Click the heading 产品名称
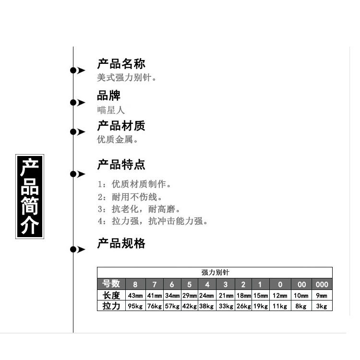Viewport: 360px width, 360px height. (x=121, y=64)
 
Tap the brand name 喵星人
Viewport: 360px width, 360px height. (x=111, y=110)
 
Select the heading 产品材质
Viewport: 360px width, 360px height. (x=121, y=126)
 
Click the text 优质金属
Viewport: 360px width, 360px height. (x=118, y=140)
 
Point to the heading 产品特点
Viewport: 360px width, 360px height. (x=121, y=166)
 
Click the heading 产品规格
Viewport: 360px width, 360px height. (x=121, y=244)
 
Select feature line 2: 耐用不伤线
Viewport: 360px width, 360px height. (x=130, y=197)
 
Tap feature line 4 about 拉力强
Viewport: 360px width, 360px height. (x=152, y=221)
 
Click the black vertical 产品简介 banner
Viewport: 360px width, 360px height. (x=30, y=196)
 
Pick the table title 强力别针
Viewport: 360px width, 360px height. (x=215, y=272)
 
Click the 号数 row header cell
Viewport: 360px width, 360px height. (x=111, y=284)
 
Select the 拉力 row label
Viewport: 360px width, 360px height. (x=111, y=306)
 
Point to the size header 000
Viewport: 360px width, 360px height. (x=322, y=284)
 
